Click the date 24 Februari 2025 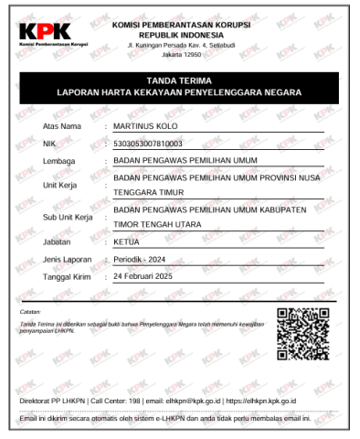(159, 277)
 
